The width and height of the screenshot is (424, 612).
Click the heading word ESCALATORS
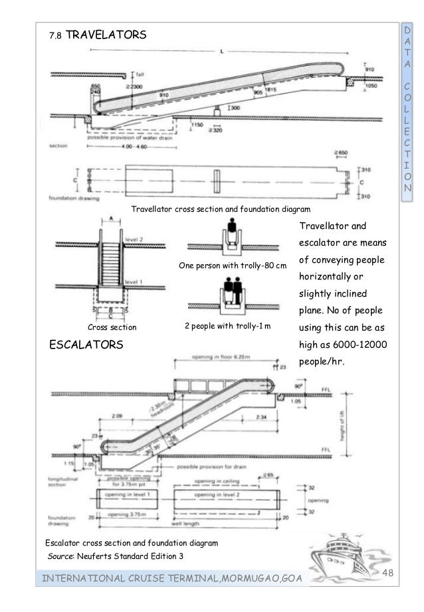(x=86, y=344)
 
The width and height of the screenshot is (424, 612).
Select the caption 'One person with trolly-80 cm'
(x=232, y=266)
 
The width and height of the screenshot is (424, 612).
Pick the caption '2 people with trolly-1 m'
(x=233, y=327)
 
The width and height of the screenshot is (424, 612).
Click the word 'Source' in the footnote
(x=60, y=555)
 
